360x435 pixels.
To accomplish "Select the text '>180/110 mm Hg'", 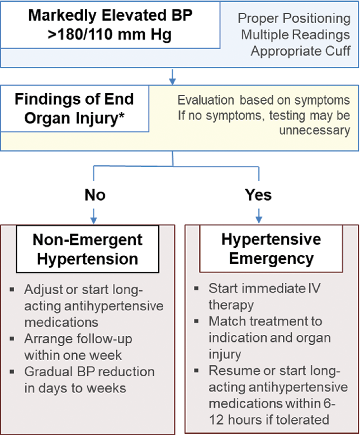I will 110,35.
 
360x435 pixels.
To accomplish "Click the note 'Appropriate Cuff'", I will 301,51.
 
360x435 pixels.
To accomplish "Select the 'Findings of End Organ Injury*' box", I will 74,110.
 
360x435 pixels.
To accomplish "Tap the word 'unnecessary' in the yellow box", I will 316,130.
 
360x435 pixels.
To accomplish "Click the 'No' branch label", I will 94,195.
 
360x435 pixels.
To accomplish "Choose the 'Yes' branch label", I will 258,195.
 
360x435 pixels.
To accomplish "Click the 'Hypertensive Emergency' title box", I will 271,249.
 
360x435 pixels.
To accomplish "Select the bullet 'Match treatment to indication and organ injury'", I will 269,338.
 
